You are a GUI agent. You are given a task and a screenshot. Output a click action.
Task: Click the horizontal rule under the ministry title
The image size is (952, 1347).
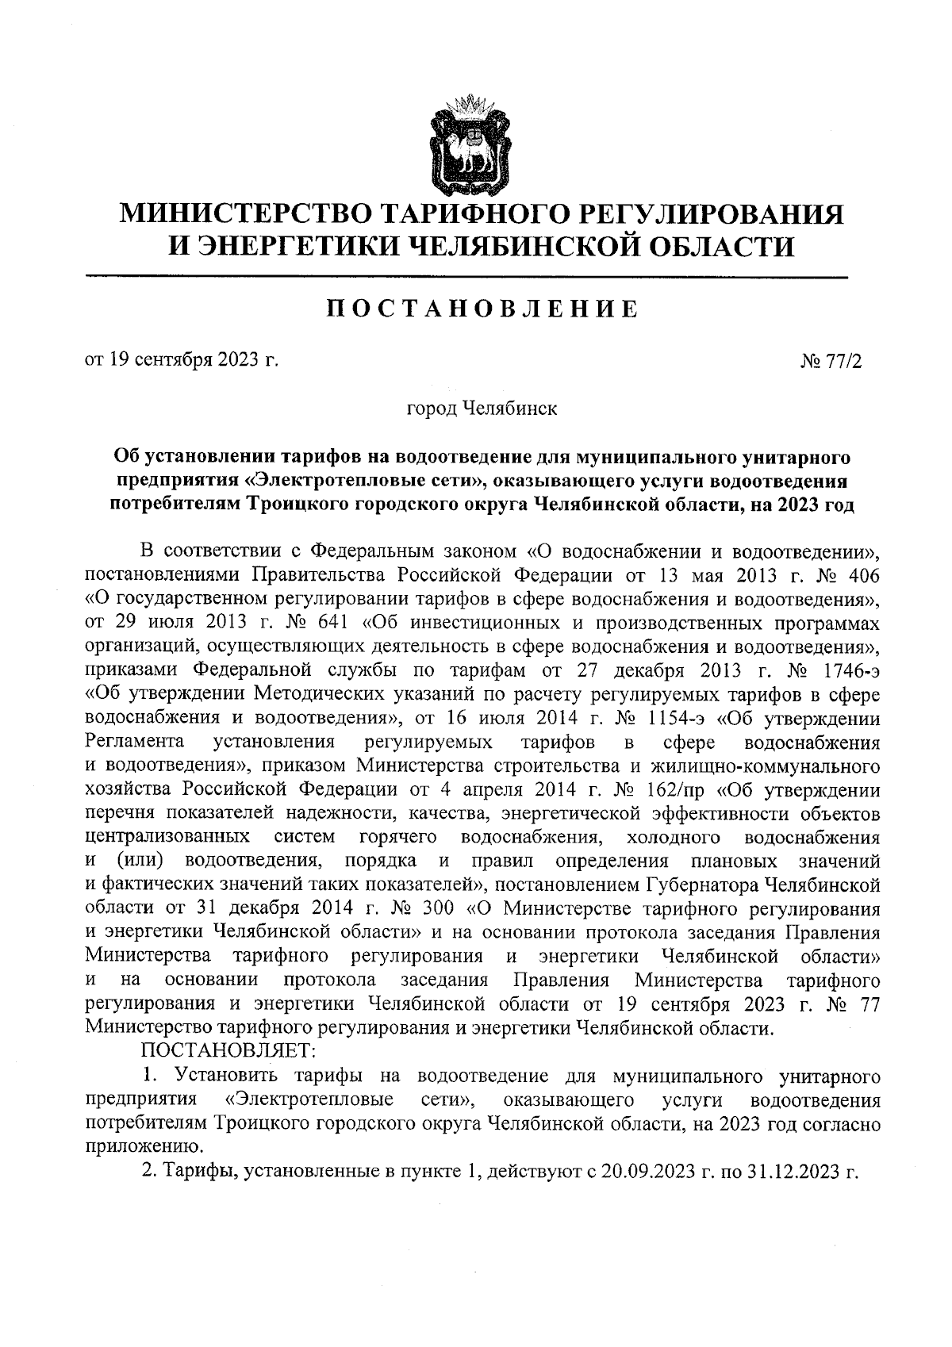(x=466, y=276)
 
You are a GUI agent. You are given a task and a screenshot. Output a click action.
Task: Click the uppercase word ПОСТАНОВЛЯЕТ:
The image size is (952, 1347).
(x=228, y=1051)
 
